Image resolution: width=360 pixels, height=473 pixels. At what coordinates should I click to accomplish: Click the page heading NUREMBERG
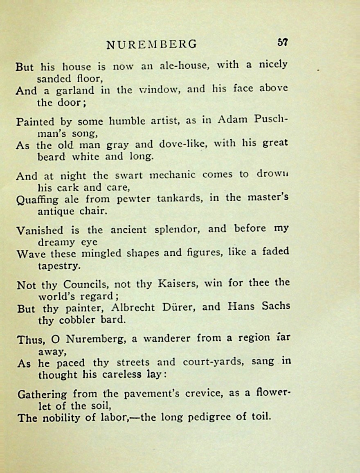point(151,44)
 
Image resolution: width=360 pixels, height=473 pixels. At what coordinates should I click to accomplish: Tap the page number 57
point(283,43)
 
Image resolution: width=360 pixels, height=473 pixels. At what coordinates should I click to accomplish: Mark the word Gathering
point(42,395)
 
